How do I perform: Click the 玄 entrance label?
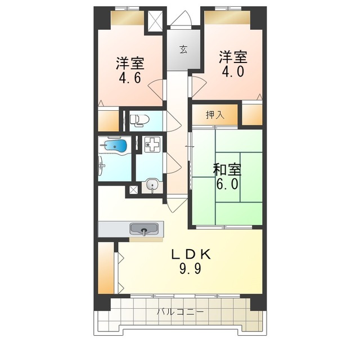[183, 49]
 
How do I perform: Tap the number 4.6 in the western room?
[130, 78]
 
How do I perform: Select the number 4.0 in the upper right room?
[233, 71]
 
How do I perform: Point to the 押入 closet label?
[215, 115]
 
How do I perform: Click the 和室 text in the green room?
[227, 169]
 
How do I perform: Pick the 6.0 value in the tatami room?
[227, 184]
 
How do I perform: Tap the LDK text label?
[191, 254]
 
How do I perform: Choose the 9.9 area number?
[190, 268]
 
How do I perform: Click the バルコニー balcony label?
[180, 312]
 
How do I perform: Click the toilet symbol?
[139, 120]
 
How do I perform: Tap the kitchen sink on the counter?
[144, 229]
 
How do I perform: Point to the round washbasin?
[151, 184]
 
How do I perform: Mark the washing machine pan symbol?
[152, 144]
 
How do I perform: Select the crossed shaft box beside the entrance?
[155, 21]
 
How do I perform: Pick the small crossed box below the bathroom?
[133, 190]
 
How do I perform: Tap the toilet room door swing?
[174, 121]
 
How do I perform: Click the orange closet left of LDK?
[106, 268]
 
